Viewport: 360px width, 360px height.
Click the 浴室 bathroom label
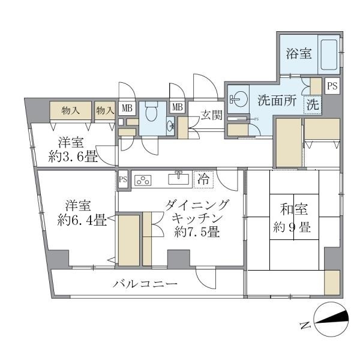click(298, 54)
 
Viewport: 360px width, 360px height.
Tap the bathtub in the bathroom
click(329, 56)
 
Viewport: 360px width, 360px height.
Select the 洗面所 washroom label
click(277, 101)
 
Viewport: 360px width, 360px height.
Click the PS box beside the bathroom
click(332, 86)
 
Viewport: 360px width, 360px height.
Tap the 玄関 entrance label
click(211, 114)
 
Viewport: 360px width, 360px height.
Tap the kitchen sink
click(178, 178)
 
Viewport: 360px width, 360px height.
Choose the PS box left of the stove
click(123, 179)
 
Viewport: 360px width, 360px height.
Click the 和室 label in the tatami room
click(294, 210)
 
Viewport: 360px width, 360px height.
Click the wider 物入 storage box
click(71, 110)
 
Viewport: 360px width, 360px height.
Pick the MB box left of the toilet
click(127, 109)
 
